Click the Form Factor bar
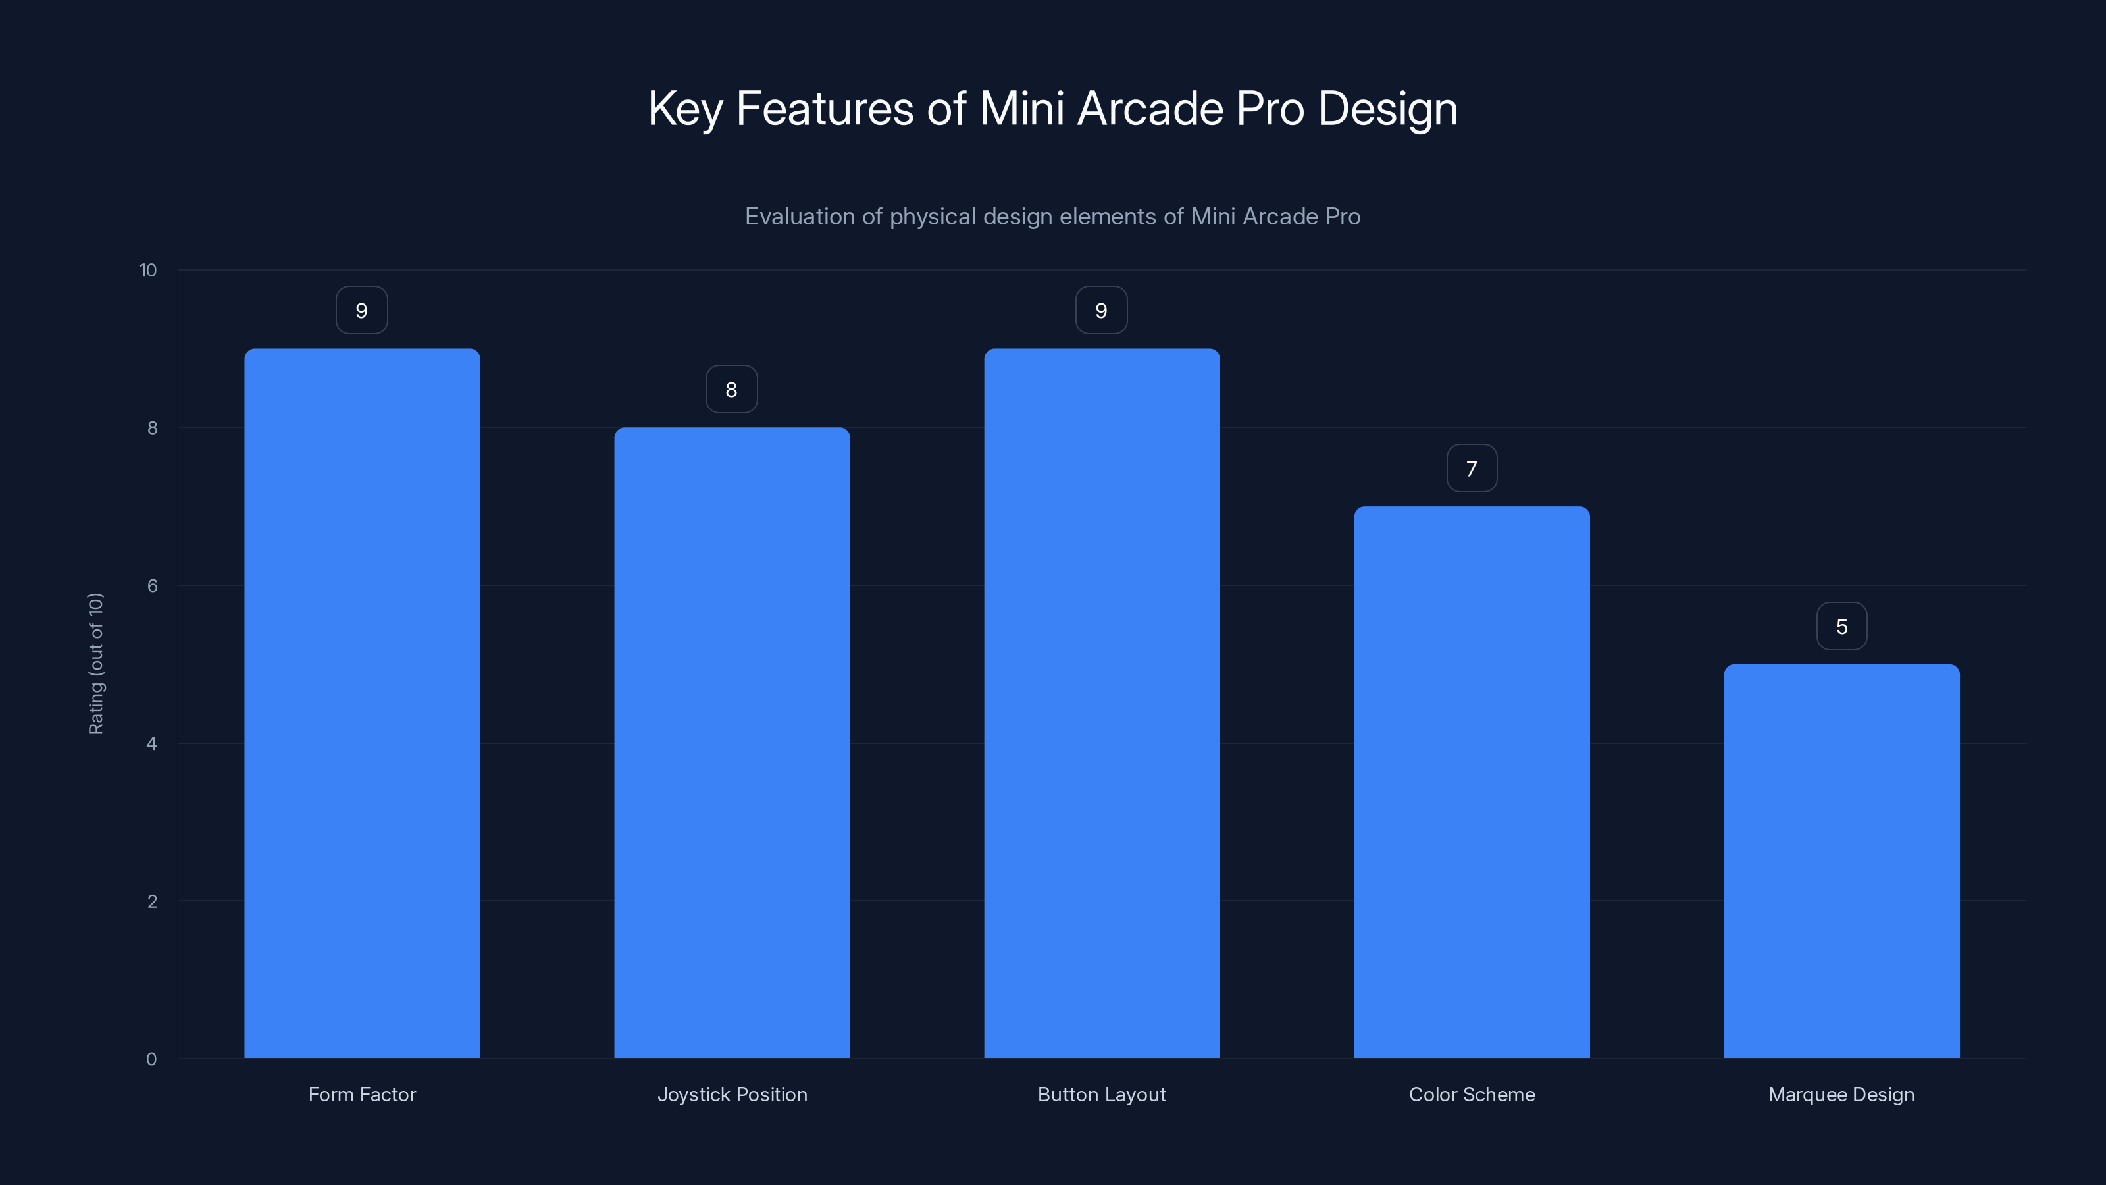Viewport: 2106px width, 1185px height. pyautogui.click(x=362, y=703)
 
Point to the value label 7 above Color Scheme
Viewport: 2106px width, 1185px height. pyautogui.click(x=1472, y=469)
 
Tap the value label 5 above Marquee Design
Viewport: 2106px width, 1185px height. pyautogui.click(x=1841, y=627)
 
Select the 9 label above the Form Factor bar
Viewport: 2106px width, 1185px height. pyautogui.click(x=361, y=311)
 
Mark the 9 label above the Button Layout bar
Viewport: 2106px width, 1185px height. pyautogui.click(x=1101, y=311)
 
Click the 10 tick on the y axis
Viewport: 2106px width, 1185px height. pyautogui.click(x=148, y=270)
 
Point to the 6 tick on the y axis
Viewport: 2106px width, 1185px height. pyautogui.click(x=152, y=585)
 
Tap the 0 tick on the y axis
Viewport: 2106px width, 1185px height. pyautogui.click(x=151, y=1059)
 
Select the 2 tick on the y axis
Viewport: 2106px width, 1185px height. pyautogui.click(x=152, y=901)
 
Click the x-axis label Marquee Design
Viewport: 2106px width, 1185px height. pyautogui.click(x=1841, y=1094)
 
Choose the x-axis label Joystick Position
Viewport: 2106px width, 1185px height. pyautogui.click(x=732, y=1094)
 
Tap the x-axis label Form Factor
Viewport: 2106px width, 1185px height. pyautogui.click(x=362, y=1094)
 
